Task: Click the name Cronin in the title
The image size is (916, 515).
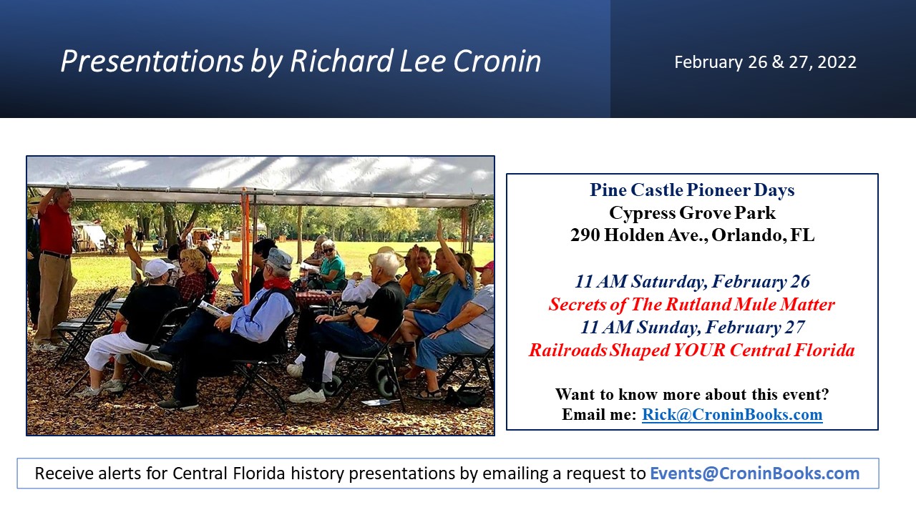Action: pos(497,62)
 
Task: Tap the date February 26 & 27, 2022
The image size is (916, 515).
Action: pos(765,62)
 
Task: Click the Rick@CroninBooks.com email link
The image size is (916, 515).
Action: pos(732,414)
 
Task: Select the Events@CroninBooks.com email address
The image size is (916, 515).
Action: pos(754,474)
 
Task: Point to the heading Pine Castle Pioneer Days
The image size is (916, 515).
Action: pos(692,190)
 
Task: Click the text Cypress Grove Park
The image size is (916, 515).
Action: pos(692,213)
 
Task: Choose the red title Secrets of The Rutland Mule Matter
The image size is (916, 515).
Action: pos(691,305)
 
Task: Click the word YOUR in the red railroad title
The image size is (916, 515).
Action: pos(699,350)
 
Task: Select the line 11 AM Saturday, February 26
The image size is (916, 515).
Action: pos(692,282)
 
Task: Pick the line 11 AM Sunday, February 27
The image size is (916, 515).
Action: pos(692,328)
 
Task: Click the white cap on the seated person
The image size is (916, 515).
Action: pos(158,268)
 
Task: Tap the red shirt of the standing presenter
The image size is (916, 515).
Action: pos(56,229)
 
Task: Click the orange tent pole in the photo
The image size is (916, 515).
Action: pos(245,245)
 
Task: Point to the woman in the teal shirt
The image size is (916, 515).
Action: pos(331,265)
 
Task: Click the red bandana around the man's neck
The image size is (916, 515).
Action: pos(276,283)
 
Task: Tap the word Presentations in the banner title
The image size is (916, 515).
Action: pos(152,62)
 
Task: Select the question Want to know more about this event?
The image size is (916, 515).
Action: pos(692,394)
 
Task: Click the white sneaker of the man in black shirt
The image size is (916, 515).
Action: pos(308,396)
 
